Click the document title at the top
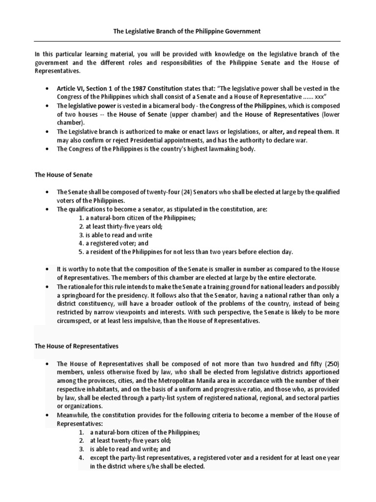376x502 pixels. pyautogui.click(x=188, y=31)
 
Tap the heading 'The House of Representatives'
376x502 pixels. pyautogui.click(x=76, y=346)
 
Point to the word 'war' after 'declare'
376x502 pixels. pyautogui.click(x=309, y=141)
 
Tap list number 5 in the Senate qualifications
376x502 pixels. pyautogui.click(x=81, y=252)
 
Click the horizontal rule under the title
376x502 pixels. pyautogui.click(x=188, y=41)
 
